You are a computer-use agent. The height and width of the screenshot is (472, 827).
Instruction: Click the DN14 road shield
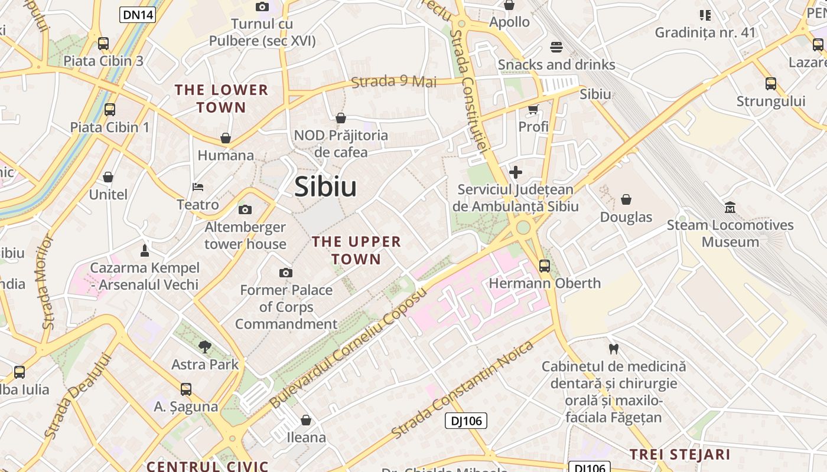(x=138, y=15)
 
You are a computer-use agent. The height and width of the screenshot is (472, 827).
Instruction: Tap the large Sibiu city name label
(x=325, y=187)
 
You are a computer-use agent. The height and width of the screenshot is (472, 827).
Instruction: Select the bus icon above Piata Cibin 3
(x=103, y=43)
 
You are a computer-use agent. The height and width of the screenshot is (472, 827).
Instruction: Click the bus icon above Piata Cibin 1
(x=110, y=109)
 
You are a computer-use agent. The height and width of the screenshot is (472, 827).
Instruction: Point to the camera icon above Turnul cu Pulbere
(x=262, y=6)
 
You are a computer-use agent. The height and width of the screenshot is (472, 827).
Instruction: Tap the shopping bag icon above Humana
(x=226, y=138)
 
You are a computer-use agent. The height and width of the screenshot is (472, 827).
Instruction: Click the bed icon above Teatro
(x=198, y=187)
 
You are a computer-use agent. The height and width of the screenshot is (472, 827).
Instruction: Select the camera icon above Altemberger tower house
(x=245, y=209)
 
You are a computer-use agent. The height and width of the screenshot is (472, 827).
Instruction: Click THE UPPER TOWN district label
(x=356, y=250)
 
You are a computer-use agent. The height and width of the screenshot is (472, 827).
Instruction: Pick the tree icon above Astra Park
(x=205, y=346)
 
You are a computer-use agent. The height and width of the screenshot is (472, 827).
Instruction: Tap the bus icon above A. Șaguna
(x=186, y=389)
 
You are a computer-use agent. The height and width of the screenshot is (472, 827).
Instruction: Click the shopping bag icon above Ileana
(x=306, y=420)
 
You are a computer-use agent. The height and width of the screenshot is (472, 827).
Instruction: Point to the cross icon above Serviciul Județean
(x=516, y=172)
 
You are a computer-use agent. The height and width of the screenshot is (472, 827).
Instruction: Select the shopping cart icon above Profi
(x=533, y=109)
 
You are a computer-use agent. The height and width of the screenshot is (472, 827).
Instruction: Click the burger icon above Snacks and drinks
(x=556, y=47)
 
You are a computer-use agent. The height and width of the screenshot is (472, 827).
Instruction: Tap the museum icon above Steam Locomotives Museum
(x=730, y=207)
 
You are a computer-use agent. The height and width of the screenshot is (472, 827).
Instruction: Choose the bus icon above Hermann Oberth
(x=545, y=265)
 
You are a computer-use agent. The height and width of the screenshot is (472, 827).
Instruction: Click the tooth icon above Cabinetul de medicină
(x=614, y=349)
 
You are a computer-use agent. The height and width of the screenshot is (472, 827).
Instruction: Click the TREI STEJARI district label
(x=680, y=455)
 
